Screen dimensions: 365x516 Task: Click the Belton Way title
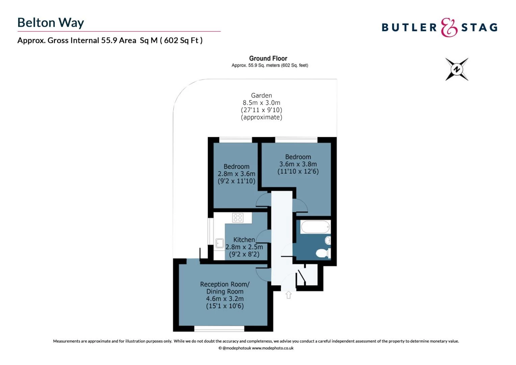point(51,23)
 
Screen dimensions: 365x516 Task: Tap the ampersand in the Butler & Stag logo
point(449,27)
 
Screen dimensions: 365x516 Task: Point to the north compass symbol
point(457,69)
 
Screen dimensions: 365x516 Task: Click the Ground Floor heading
point(268,58)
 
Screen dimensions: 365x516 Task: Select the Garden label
point(261,96)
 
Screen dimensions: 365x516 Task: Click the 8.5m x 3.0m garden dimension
point(261,103)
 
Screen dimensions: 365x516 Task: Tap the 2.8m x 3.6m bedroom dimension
point(236,174)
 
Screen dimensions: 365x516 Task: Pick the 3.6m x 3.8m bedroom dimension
point(298,164)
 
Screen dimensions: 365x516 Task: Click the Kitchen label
point(244,240)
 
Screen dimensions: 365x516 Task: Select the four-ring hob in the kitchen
point(238,218)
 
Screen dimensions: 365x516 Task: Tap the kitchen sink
point(220,243)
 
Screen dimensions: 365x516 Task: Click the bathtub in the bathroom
point(315,227)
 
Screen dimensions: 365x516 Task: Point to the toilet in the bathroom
point(322,253)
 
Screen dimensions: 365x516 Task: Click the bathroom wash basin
point(328,241)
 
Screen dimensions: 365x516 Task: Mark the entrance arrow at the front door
point(288,295)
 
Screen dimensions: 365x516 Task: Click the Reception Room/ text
point(225,284)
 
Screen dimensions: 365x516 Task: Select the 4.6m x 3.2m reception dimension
point(225,299)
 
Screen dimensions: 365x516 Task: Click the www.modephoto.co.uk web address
point(273,348)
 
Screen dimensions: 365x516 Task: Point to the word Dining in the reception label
point(215,292)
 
